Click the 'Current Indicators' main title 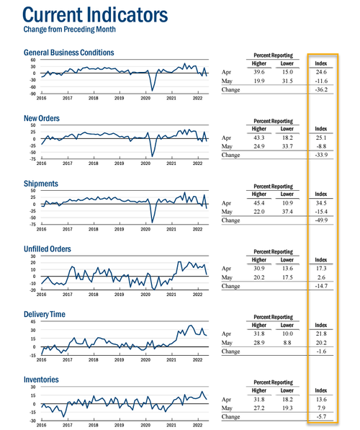pos(95,15)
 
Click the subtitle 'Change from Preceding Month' pos(69,30)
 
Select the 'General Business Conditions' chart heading pos(69,53)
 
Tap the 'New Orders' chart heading pos(42,118)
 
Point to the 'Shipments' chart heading pos(41,184)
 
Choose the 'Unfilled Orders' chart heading pos(48,248)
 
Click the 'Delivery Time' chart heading pos(45,314)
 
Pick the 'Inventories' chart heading pos(41,380)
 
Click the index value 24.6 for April pos(321,72)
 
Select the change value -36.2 pos(321,90)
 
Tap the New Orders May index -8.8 pos(321,146)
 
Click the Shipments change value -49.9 pos(321,220)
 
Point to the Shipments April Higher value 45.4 pos(258,203)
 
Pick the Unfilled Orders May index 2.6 pos(321,277)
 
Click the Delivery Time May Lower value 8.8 pos(287,343)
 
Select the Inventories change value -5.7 pos(321,416)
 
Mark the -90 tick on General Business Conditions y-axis pos(32,94)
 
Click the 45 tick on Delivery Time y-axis pos(33,321)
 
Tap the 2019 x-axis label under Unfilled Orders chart pos(119,295)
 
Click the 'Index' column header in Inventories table pos(321,390)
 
